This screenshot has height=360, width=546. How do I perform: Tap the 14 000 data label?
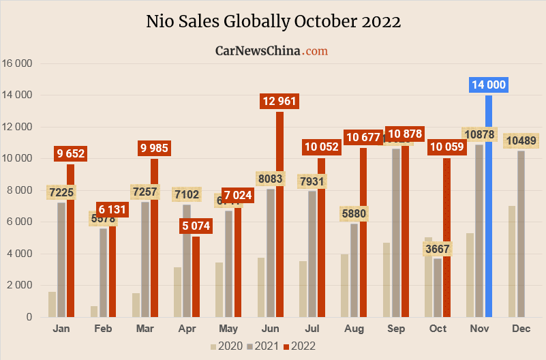[x=488, y=85]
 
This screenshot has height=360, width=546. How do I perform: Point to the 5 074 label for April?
[x=196, y=226]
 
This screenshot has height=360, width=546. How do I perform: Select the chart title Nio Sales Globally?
[x=273, y=22]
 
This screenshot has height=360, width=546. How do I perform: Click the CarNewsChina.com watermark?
[x=271, y=50]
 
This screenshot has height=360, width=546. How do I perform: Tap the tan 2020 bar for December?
[x=511, y=261]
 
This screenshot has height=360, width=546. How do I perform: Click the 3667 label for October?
[x=438, y=249]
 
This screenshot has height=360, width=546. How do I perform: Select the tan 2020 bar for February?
[x=93, y=312]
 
